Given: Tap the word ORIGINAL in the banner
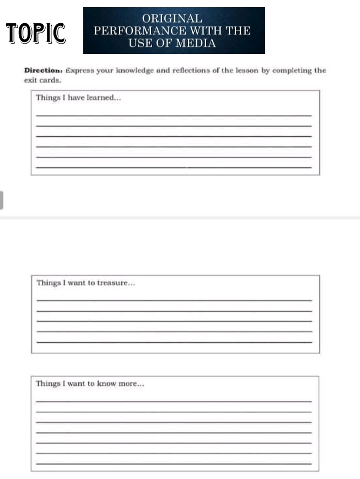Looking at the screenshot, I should [173, 19].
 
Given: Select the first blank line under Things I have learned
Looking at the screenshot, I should [173, 115].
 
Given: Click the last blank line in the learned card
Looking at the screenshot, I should [173, 167].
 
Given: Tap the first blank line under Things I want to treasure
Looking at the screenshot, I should [173, 300].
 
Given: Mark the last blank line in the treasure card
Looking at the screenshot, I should [173, 342].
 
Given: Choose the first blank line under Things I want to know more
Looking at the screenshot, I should [173, 401].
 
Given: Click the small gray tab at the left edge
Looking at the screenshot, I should [2, 200].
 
